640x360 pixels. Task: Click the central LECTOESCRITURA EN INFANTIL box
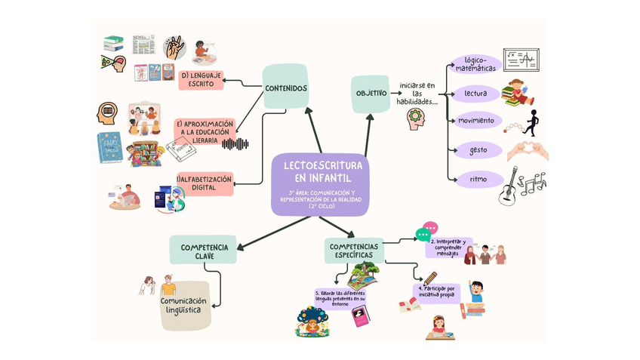click(x=320, y=183)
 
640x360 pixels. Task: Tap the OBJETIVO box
click(x=371, y=94)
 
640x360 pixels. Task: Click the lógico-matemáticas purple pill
click(x=480, y=64)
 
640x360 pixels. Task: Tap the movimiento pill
click(x=475, y=121)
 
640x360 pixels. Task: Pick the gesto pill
click(x=478, y=150)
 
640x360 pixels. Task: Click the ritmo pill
click(x=478, y=179)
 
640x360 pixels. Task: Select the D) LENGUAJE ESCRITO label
click(x=202, y=80)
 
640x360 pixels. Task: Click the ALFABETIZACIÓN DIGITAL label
click(x=205, y=183)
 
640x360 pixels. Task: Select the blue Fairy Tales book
click(x=109, y=149)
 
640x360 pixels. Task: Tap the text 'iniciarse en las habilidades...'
click(x=417, y=94)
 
